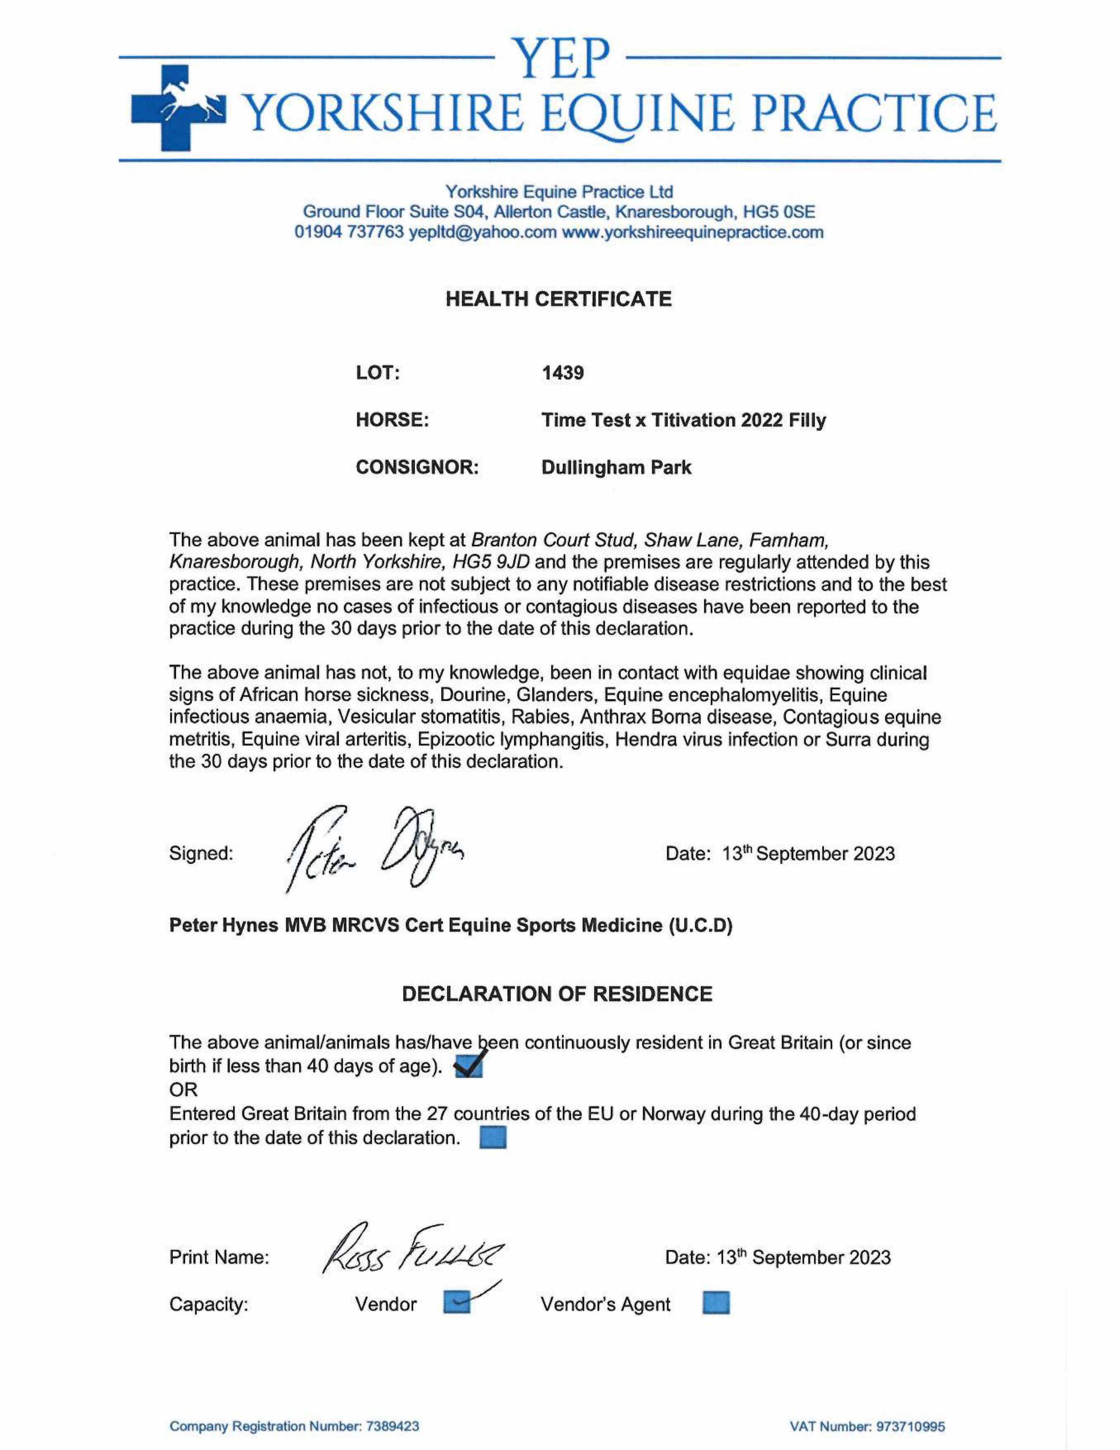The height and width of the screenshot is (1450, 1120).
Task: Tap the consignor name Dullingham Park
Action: pos(616,467)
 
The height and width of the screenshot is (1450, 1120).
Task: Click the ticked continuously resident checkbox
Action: pos(469,1067)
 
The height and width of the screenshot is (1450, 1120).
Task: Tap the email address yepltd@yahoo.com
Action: pos(483,232)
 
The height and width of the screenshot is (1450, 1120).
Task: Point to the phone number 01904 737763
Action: pos(349,232)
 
